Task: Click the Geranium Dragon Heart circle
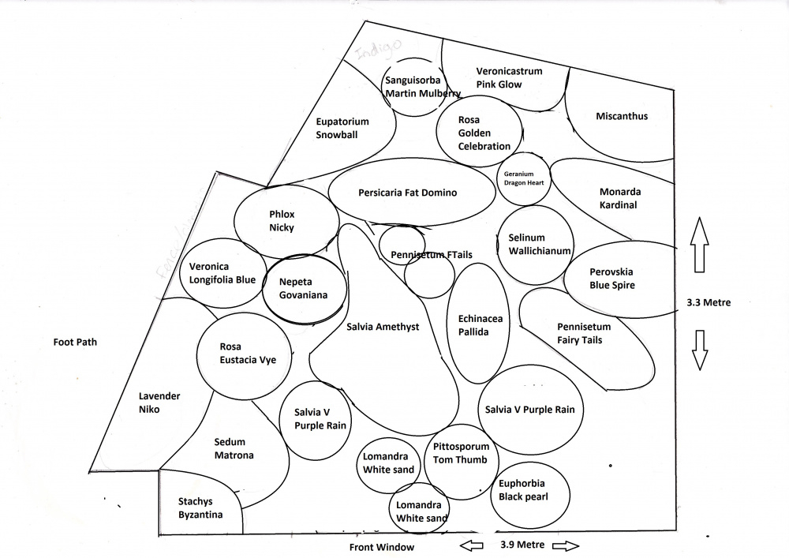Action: pos(525,178)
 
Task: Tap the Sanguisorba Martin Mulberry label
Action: pos(422,86)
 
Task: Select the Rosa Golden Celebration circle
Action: pos(479,132)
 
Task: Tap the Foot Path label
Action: pos(75,343)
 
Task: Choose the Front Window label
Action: pos(382,547)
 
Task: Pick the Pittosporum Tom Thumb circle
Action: pos(462,453)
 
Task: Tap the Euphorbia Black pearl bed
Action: pos(523,490)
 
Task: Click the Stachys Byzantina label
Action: pos(196,507)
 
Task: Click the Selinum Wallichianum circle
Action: pos(534,245)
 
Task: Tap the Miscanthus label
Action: pos(622,116)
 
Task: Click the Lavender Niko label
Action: pos(160,403)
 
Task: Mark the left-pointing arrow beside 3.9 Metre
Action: pos(472,545)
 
